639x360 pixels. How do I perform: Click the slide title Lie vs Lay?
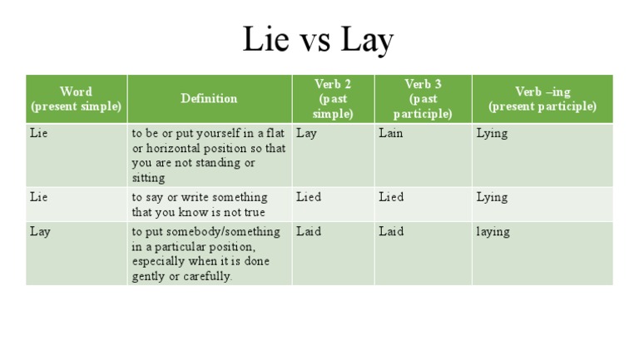tap(318, 39)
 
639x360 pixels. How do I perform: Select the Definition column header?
tap(209, 98)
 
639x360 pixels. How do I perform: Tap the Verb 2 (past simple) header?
tap(333, 99)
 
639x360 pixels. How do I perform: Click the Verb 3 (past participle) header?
tap(423, 99)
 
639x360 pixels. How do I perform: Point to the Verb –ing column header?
tap(542, 99)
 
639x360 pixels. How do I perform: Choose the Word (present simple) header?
tap(77, 99)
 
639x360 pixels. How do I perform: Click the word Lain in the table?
tap(390, 133)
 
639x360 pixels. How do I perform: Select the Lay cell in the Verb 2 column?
tap(306, 133)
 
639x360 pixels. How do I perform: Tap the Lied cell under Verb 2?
tap(308, 197)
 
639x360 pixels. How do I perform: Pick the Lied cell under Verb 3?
tap(391, 197)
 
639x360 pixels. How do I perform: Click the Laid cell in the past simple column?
tap(308, 231)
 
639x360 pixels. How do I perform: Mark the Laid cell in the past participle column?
tap(391, 231)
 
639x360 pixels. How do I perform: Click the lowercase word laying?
tap(493, 231)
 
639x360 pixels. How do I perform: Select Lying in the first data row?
tap(492, 133)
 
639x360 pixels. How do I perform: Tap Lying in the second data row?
tap(492, 197)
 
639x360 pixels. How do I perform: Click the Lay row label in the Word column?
tap(40, 231)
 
